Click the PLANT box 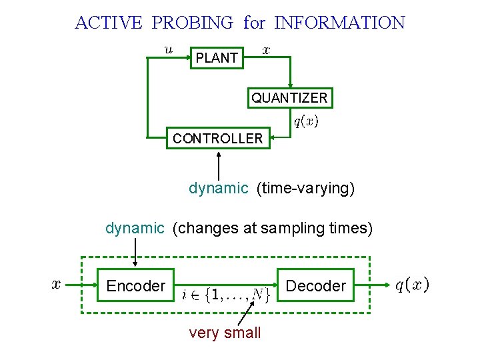click(x=217, y=58)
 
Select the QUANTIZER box click(x=289, y=98)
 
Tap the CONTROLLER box click(x=218, y=139)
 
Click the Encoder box click(x=135, y=286)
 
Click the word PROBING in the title click(x=193, y=23)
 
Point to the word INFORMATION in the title click(x=339, y=23)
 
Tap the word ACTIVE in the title click(x=108, y=23)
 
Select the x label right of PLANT click(x=266, y=49)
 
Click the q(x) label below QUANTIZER click(x=306, y=121)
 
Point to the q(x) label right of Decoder click(x=412, y=285)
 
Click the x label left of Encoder click(x=57, y=285)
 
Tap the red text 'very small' click(x=225, y=333)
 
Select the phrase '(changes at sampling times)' click(x=272, y=229)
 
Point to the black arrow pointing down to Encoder click(x=135, y=252)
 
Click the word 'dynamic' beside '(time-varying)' click(x=218, y=189)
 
